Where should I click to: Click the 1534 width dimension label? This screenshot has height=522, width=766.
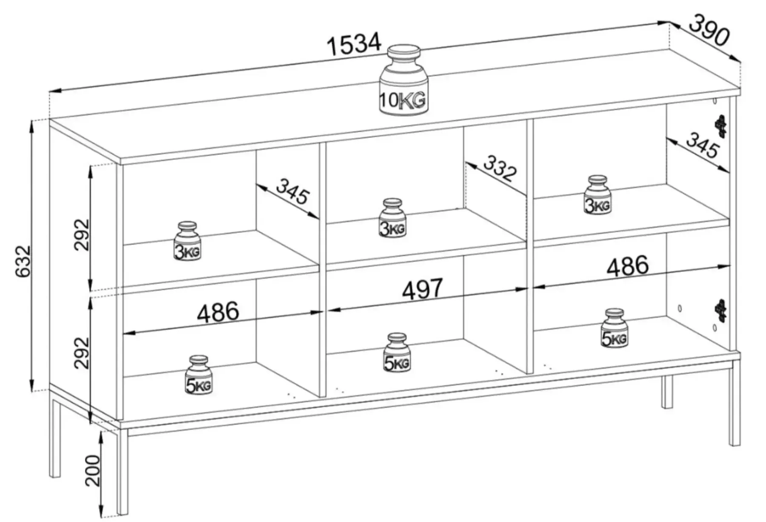(354, 44)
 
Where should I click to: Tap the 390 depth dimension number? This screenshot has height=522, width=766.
(709, 30)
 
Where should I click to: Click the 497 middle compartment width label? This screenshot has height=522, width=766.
(423, 289)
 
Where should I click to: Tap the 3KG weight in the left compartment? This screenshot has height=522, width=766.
(187, 241)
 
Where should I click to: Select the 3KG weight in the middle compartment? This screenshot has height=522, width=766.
(392, 217)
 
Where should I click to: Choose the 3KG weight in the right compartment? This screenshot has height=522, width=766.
(597, 194)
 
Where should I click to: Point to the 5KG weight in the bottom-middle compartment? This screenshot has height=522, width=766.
(397, 352)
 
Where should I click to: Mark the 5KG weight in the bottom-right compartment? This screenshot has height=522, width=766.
(614, 328)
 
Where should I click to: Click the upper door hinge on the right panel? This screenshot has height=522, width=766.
(721, 126)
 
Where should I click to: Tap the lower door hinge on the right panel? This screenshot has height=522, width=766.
(720, 310)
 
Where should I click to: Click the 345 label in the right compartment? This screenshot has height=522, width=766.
(703, 145)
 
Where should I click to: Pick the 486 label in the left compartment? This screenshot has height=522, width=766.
(218, 312)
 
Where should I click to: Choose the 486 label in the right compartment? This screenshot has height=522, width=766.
(628, 266)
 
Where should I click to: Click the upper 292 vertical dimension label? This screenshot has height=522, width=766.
(82, 234)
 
